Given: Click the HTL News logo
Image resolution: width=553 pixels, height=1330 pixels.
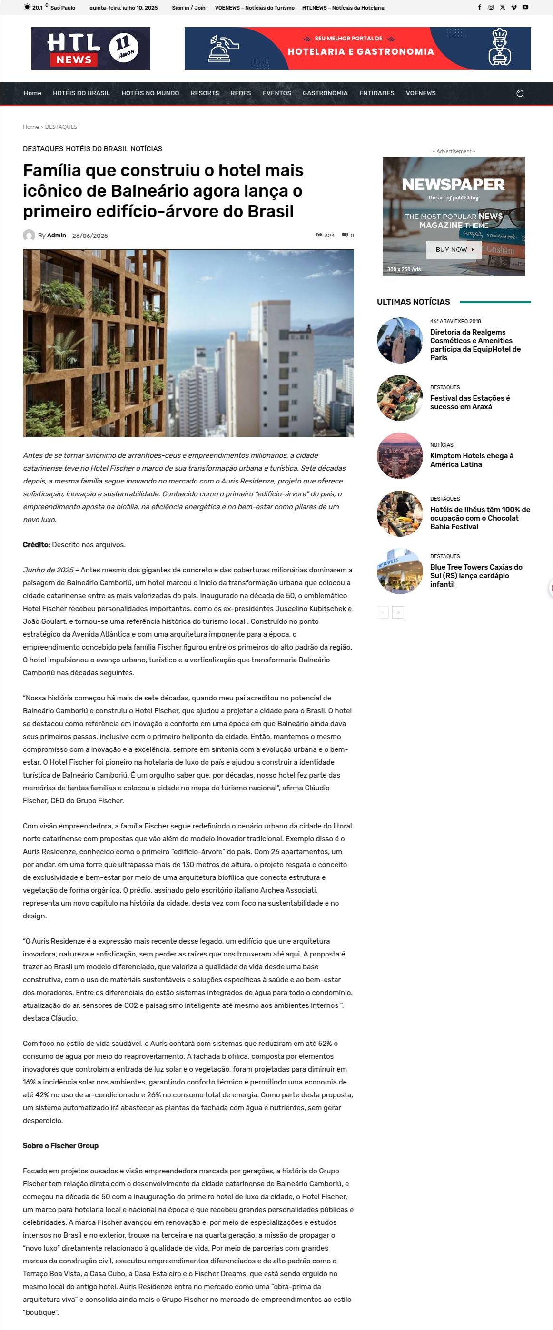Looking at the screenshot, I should tap(90, 49).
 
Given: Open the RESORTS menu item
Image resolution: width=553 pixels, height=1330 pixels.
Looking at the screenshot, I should tap(205, 93).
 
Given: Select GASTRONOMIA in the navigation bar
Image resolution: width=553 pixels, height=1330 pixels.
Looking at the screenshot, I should tap(325, 93).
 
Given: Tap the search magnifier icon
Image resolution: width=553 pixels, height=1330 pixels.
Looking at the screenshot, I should tap(520, 93).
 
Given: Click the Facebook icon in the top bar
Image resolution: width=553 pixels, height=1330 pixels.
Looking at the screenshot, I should tap(480, 7).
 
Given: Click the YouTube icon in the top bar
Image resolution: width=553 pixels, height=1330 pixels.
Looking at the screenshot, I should tap(525, 7).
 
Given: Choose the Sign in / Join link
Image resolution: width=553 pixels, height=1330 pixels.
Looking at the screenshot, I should tap(188, 8).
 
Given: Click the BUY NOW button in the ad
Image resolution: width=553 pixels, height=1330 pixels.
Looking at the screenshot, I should tap(454, 249).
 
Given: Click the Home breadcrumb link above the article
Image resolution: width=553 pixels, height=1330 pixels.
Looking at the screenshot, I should tap(30, 127).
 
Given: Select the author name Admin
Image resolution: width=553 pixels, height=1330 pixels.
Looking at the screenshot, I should tap(56, 236).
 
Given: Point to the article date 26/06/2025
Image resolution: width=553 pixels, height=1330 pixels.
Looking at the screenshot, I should tap(90, 236).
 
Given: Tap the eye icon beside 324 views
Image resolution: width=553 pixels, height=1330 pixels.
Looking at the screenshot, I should tap(318, 235).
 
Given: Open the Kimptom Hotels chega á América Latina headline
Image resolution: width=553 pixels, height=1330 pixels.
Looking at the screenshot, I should tap(472, 460).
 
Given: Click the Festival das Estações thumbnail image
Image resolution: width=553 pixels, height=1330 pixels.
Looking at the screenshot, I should tap(400, 398).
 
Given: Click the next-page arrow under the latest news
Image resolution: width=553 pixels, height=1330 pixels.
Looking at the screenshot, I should tap(398, 612).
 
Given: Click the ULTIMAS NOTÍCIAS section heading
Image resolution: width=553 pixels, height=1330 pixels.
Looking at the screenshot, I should tap(413, 302).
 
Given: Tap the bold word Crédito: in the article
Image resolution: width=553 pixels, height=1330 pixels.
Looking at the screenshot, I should tap(36, 545).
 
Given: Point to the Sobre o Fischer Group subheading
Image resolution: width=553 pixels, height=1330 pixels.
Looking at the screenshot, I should tap(60, 1146).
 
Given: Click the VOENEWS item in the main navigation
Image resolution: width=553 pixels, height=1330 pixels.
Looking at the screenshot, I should tap(420, 93).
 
